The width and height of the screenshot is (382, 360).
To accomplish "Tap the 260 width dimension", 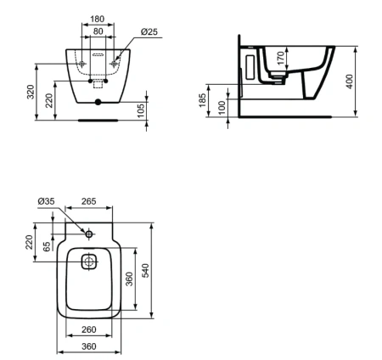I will point(88,329).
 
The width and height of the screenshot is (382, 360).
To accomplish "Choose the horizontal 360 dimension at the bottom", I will point(88,346).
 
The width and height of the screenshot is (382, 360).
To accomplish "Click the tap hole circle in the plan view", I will point(89,232).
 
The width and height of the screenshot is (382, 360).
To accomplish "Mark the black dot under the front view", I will point(98,104).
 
